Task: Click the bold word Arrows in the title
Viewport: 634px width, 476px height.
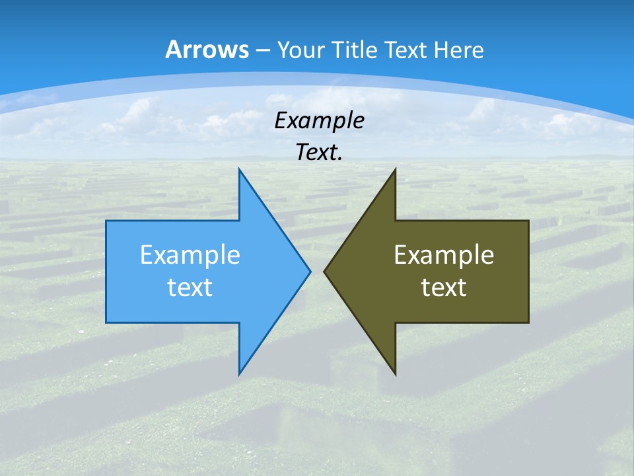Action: tap(207, 50)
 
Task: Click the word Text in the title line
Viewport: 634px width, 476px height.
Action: tap(407, 50)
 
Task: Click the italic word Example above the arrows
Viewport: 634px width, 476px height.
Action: tap(319, 120)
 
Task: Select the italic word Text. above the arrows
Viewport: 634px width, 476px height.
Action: tap(319, 152)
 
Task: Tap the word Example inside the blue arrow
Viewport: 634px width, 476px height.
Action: tap(190, 255)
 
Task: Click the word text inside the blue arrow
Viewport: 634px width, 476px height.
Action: tap(190, 287)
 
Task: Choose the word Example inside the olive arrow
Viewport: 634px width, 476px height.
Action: tap(444, 255)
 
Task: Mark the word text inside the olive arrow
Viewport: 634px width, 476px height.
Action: tap(444, 287)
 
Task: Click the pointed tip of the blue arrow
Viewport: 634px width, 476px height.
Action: tap(310, 271)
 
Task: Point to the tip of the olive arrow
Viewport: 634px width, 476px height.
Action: tap(324, 271)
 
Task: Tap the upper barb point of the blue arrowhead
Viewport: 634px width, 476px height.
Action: tap(239, 169)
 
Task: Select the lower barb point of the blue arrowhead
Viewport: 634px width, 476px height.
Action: tap(239, 375)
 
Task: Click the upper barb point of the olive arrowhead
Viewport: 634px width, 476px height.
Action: tap(395, 169)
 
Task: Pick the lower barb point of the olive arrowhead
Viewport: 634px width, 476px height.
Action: tap(395, 375)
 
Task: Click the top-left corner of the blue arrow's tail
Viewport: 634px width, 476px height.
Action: tap(106, 221)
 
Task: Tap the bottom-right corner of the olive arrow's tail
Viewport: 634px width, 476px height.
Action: tap(528, 323)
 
